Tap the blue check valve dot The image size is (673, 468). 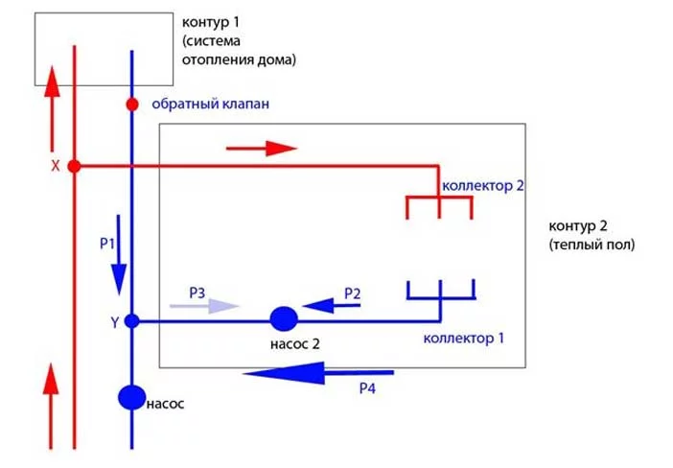tap(132, 104)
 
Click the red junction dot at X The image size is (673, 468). tap(74, 166)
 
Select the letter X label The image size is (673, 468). tap(55, 166)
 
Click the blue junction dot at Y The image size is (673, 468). tap(132, 321)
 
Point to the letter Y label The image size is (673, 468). tap(114, 323)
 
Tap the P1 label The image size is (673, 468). tap(107, 244)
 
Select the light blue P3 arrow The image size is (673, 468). tap(201, 307)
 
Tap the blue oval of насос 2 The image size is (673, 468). tap(284, 317)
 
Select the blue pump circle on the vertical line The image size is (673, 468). tap(131, 396)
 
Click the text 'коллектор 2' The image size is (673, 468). tap(482, 184)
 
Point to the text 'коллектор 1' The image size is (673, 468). tap(463, 338)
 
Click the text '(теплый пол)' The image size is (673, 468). tap(592, 245)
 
